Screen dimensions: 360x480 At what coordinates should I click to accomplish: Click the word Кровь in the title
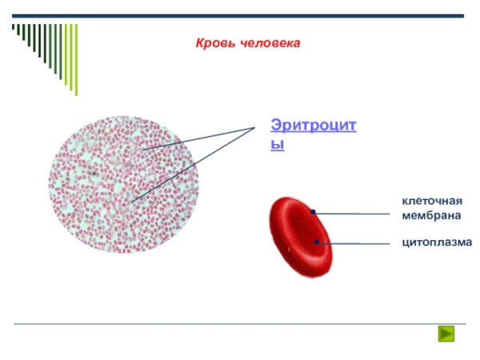point(212,42)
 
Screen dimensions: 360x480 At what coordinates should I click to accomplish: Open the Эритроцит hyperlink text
point(313,126)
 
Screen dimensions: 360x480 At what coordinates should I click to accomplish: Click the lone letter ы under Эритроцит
point(277,145)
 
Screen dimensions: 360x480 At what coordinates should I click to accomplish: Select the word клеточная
point(432,200)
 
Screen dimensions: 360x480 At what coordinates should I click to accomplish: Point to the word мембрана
point(431,215)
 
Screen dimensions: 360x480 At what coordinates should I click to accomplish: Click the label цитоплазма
point(436,242)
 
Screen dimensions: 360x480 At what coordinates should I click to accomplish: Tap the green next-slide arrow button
point(446,334)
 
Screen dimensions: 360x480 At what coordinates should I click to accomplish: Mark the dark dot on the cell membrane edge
point(314,212)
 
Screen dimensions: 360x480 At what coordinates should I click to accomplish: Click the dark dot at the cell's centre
point(317,242)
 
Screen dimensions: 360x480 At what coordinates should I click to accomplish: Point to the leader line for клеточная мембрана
point(356,214)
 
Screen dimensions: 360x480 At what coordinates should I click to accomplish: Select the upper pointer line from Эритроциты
point(200,137)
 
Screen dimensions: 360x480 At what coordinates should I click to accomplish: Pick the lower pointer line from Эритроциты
point(192,164)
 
